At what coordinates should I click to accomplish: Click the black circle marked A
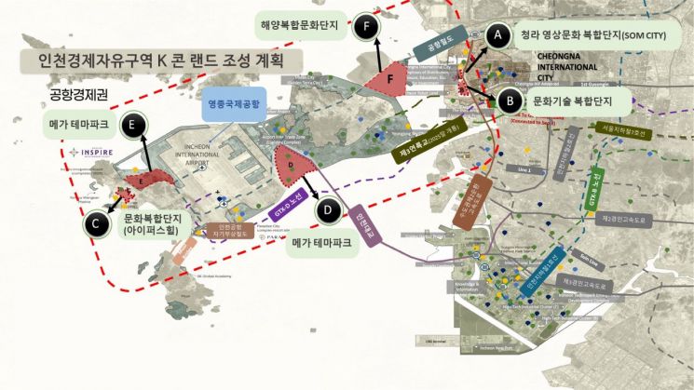[x=498, y=34]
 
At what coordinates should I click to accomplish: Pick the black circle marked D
[x=327, y=209]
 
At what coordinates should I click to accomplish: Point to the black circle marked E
[x=136, y=123]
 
